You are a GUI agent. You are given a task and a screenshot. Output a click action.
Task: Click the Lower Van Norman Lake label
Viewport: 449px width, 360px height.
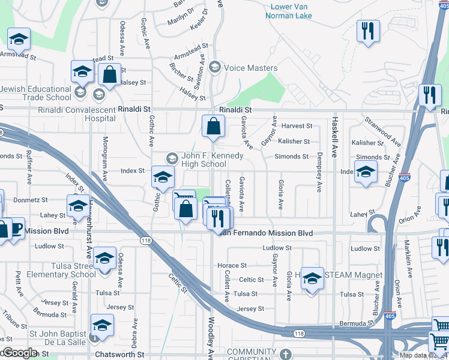291,11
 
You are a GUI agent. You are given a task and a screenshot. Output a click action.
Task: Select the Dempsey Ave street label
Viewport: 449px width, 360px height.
318,175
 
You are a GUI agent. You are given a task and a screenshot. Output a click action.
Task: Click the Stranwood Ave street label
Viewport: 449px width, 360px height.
382,132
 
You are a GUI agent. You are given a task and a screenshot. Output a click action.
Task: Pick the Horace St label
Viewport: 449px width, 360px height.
232,265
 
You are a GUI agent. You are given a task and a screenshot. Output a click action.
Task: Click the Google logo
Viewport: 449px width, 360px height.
20,353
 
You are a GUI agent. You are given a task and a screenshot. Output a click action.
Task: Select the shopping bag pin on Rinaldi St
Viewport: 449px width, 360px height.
213,126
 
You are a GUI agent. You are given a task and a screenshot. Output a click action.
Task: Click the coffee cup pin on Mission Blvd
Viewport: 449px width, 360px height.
15,229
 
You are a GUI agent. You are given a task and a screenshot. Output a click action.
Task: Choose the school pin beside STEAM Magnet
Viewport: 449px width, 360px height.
312,278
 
